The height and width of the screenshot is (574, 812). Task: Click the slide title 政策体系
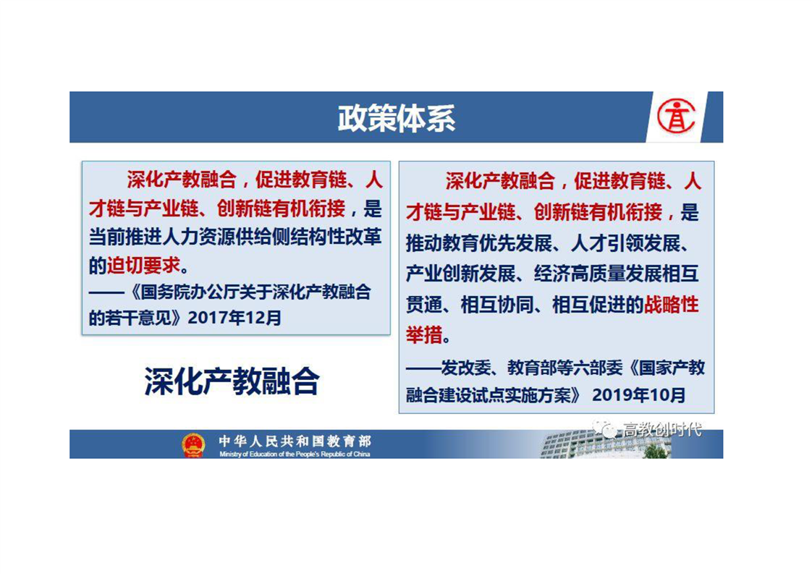pyautogui.click(x=396, y=118)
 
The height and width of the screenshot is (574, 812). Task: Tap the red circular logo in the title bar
pyautogui.click(x=676, y=117)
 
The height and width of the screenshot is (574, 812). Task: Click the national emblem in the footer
pyautogui.click(x=193, y=444)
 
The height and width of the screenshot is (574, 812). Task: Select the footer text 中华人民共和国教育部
pyautogui.click(x=295, y=441)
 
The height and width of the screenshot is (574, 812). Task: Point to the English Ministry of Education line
pyautogui.click(x=295, y=455)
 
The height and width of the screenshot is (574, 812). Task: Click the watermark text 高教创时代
pyautogui.click(x=662, y=429)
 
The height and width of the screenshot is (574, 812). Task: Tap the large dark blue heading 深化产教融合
pyautogui.click(x=232, y=381)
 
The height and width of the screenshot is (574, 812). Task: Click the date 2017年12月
pyautogui.click(x=234, y=318)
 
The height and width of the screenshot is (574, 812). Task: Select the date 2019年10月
pyautogui.click(x=638, y=395)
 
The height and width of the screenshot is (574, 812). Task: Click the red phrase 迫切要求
pyautogui.click(x=144, y=266)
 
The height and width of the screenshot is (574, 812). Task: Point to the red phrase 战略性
pyautogui.click(x=671, y=305)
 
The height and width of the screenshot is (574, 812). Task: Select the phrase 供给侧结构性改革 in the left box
pyautogui.click(x=308, y=237)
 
